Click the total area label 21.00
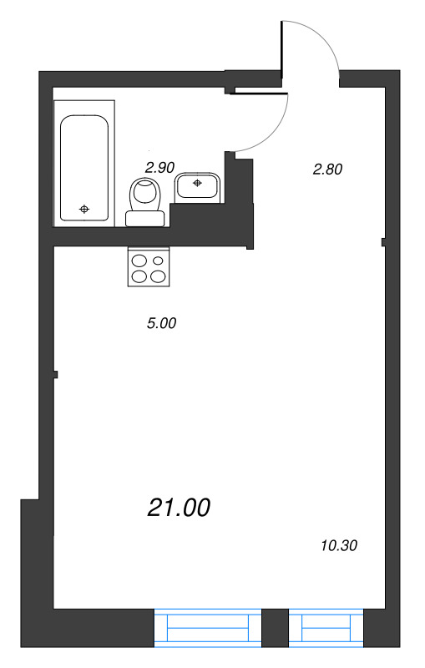click(179, 507)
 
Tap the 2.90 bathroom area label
click(159, 168)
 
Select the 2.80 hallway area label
click(328, 169)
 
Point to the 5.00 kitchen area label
click(161, 323)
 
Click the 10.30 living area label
click(338, 546)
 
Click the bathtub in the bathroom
click(83, 163)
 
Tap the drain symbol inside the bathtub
click(83, 208)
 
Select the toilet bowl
click(147, 195)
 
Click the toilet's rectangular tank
click(145, 219)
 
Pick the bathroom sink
click(198, 186)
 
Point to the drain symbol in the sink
click(198, 180)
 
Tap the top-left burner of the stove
click(139, 260)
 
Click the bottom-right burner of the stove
click(157, 276)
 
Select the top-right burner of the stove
click(157, 260)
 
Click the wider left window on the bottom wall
click(208, 627)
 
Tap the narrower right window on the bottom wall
click(326, 627)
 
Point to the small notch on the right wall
click(382, 243)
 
